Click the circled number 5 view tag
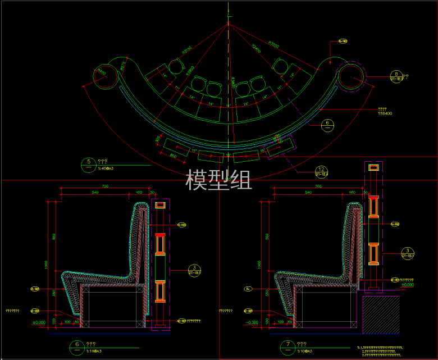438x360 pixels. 89,163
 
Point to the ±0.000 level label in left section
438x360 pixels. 39,322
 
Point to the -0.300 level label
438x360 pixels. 252,322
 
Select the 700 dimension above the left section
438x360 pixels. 105,186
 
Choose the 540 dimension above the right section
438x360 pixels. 308,192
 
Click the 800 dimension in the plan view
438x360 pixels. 174,154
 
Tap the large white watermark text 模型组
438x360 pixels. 218,179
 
